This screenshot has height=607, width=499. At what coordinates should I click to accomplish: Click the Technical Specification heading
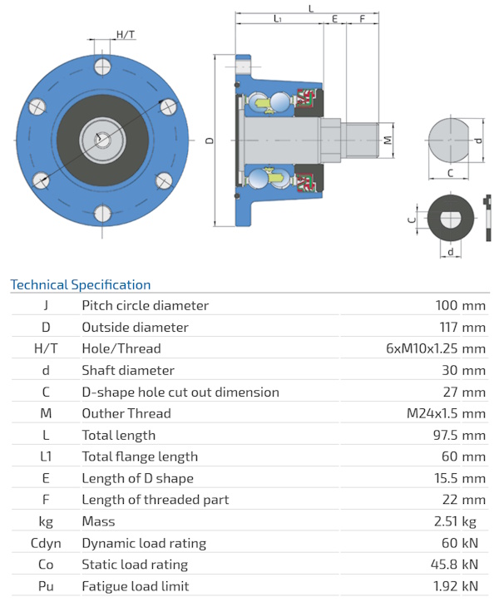coord(81,285)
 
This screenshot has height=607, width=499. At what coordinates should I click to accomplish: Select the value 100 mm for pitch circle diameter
coord(461,305)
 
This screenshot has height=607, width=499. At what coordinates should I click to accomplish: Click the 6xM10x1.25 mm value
coord(436,348)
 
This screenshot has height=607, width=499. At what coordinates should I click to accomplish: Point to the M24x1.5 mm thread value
coord(444,413)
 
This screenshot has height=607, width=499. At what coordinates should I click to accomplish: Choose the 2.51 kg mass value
coord(462,521)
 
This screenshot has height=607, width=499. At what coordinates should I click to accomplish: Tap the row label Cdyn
coord(46,543)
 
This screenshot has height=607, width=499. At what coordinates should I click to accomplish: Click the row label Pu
coord(46,586)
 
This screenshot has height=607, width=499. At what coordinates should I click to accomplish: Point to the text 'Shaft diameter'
coord(128,370)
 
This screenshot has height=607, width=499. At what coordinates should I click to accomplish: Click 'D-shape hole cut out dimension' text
coord(180,392)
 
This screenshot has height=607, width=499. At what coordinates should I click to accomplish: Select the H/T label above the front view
coord(126,34)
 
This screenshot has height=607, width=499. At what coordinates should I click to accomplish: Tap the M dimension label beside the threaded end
coord(388,139)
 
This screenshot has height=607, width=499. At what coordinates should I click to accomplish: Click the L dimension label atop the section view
coord(310,7)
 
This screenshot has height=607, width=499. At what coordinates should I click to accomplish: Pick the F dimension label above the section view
coord(363,18)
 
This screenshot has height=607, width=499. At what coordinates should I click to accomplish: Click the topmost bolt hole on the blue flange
coord(103,66)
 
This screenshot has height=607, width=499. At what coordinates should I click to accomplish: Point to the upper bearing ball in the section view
coord(278,101)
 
